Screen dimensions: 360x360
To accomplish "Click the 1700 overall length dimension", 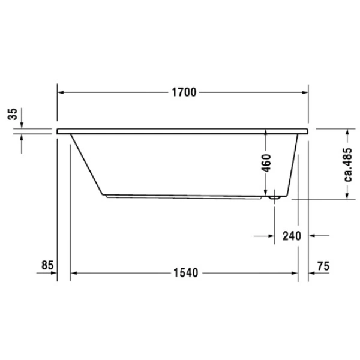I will click(183, 92).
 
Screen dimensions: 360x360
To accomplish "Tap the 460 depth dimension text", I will click(267, 163).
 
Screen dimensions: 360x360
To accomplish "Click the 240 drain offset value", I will click(291, 236).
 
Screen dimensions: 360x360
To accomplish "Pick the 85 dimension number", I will click(48, 264).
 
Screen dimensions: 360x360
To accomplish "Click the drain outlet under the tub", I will click(274, 195).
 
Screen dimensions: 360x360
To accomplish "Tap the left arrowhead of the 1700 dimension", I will click(61, 92).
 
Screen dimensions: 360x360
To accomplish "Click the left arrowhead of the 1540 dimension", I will click(75, 273).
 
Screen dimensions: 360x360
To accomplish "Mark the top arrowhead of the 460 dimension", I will click(267, 136).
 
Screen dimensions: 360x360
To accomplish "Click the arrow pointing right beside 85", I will click(53, 273).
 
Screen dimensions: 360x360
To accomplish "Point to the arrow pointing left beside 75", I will click(314, 273).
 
